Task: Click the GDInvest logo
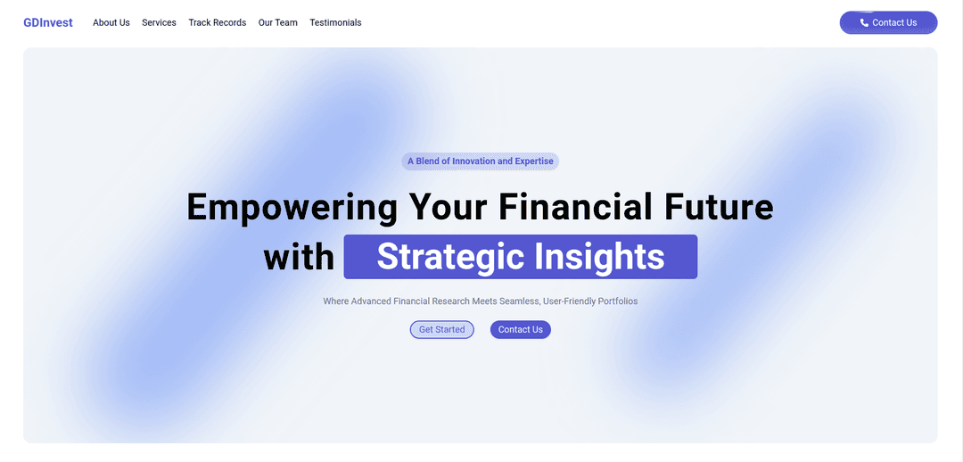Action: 48,22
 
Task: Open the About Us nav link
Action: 111,22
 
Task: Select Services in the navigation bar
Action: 159,22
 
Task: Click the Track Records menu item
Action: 218,22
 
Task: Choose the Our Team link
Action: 277,22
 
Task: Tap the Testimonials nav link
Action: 335,22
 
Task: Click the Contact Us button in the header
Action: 888,22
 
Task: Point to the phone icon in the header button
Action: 864,22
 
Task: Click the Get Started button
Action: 441,330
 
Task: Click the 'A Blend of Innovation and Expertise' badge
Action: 481,161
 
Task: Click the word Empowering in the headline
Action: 292,206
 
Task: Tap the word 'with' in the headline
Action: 299,257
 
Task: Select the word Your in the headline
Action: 448,206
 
